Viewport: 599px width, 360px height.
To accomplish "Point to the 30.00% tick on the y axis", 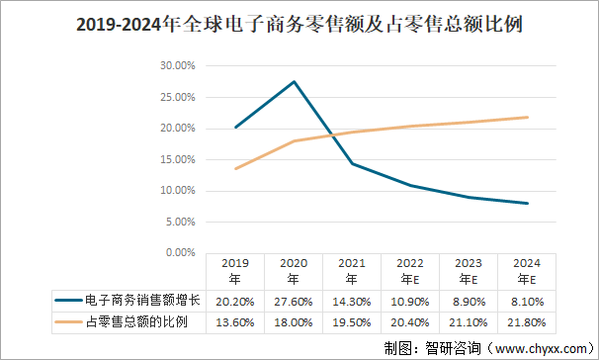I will (177, 66).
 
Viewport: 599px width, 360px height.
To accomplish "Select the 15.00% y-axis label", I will (177, 159).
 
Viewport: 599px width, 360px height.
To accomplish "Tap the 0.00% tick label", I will (180, 252).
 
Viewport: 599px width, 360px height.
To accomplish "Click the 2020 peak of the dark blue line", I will (294, 81).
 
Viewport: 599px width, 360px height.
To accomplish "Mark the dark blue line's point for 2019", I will (235, 128).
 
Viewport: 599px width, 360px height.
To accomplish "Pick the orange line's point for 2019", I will (235, 168).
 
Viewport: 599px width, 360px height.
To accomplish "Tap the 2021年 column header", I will (352, 271).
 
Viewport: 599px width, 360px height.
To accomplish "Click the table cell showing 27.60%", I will (294, 301).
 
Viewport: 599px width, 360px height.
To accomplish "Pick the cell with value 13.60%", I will (235, 322).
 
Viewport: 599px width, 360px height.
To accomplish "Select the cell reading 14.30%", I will (352, 301).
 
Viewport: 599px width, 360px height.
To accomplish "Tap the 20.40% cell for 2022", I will (411, 322).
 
